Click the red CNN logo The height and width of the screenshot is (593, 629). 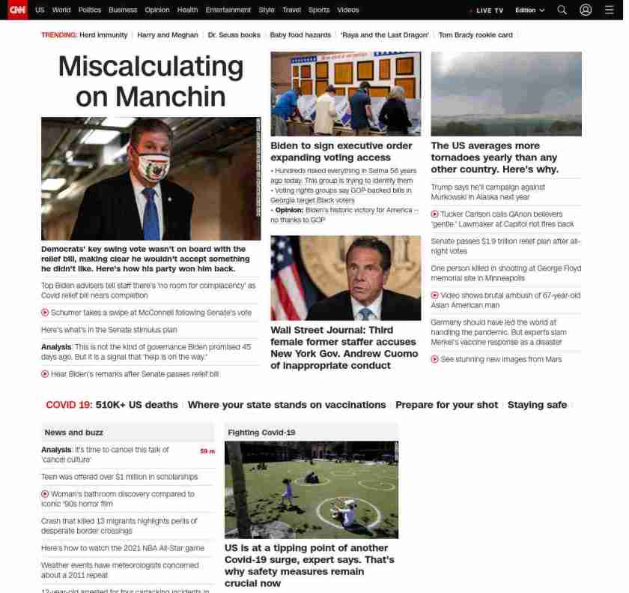click(17, 10)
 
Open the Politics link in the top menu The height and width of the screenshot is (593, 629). click(89, 10)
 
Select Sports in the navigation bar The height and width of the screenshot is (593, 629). click(318, 10)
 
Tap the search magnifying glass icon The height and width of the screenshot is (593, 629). click(562, 10)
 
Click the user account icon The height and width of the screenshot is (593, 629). click(586, 10)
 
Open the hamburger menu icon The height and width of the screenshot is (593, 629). click(609, 10)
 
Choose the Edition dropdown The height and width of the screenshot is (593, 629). click(529, 10)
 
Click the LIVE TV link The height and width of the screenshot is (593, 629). click(488, 10)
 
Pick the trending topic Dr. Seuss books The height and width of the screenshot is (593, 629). click(234, 35)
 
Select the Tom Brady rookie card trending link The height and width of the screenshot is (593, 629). click(475, 35)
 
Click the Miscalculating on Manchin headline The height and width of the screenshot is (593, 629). click(151, 81)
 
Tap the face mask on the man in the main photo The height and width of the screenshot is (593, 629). click(155, 166)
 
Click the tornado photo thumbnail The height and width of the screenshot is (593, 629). click(506, 93)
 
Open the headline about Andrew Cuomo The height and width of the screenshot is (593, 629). click(344, 347)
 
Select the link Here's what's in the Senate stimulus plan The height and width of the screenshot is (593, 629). click(109, 330)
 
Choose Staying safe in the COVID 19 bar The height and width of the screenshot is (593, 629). click(537, 405)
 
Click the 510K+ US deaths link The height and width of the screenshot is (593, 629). click(137, 405)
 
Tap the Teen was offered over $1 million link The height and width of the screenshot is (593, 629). click(120, 477)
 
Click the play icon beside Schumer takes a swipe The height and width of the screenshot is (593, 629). click(45, 313)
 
